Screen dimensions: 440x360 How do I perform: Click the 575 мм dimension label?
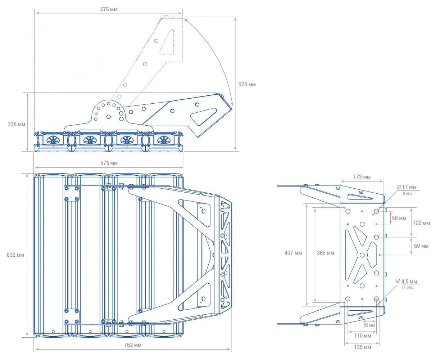[x=109, y=9]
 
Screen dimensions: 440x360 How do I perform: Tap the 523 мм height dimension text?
[x=247, y=84]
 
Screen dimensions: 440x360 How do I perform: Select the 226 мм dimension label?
[x=17, y=124]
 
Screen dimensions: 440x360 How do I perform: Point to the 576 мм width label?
[x=109, y=163]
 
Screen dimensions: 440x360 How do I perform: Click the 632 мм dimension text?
[x=15, y=255]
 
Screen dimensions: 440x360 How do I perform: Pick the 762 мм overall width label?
[x=133, y=345]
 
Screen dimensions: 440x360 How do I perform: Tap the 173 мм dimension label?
[x=362, y=177]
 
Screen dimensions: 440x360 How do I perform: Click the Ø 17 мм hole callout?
[x=406, y=187]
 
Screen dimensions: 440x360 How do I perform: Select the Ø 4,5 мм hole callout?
[x=407, y=282]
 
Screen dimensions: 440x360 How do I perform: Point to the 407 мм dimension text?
[x=293, y=253]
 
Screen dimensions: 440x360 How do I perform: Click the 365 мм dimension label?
[x=325, y=253]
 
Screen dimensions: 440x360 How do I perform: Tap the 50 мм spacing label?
[x=399, y=218]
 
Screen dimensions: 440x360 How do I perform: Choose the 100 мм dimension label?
[x=421, y=223]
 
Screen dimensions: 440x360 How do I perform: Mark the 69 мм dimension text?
[x=421, y=246]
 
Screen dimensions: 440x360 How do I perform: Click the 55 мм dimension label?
[x=369, y=325]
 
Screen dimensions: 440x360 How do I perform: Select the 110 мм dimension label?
[x=362, y=336]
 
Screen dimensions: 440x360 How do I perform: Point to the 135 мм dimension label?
[x=362, y=347]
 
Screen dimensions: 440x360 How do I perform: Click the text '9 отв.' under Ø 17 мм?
[x=407, y=194]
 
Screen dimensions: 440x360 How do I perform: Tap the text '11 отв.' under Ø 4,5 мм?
[x=407, y=287]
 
